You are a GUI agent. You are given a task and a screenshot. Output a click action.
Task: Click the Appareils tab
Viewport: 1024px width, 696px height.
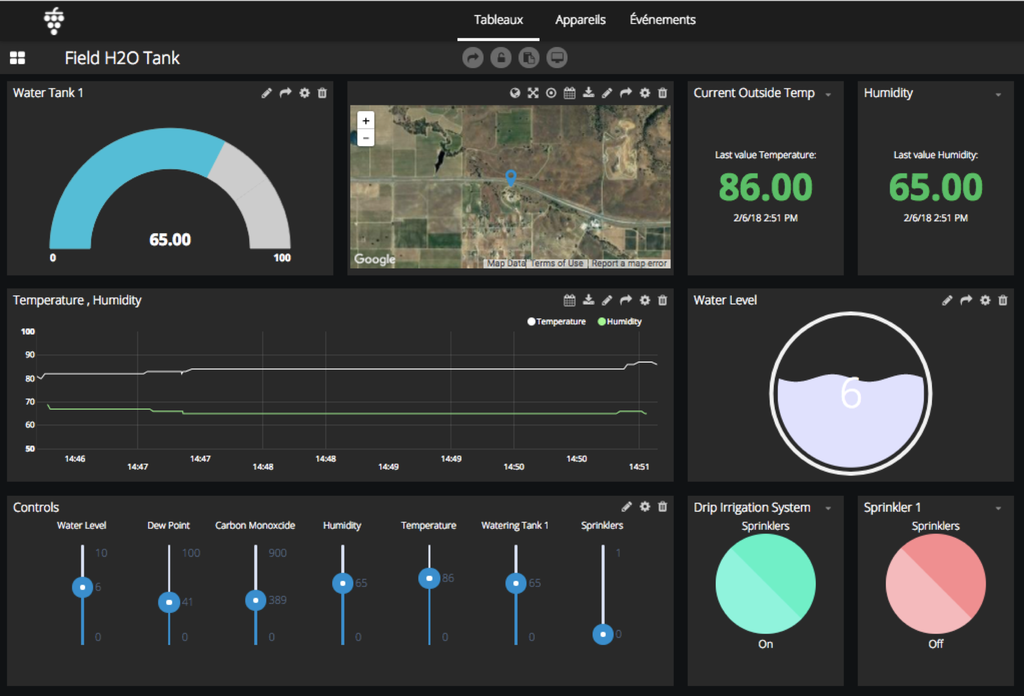click(580, 20)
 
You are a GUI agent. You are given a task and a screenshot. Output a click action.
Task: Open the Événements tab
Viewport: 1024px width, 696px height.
click(662, 20)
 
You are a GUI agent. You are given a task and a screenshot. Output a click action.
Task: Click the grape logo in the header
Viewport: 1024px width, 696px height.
click(54, 21)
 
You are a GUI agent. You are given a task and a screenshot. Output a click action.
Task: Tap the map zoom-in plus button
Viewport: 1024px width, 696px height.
click(366, 121)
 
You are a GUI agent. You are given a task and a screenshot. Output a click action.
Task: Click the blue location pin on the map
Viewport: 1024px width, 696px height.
click(511, 177)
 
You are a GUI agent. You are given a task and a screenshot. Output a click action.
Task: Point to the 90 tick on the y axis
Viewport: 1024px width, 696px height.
click(30, 355)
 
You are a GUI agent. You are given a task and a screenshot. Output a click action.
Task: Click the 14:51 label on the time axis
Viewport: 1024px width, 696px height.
click(639, 467)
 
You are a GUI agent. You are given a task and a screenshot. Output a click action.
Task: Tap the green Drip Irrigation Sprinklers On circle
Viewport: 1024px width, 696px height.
click(765, 584)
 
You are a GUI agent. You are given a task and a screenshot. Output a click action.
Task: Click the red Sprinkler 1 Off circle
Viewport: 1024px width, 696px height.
click(936, 584)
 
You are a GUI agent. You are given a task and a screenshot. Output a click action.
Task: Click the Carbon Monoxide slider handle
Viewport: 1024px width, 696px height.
click(256, 600)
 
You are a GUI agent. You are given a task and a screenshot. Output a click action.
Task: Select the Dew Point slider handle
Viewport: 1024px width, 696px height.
click(169, 602)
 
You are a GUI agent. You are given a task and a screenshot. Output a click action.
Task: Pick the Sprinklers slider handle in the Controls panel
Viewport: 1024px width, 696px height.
click(603, 634)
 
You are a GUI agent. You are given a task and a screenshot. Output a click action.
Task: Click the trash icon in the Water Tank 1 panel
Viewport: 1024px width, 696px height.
click(322, 93)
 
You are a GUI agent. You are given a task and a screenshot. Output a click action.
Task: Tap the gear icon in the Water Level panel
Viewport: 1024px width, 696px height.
click(985, 300)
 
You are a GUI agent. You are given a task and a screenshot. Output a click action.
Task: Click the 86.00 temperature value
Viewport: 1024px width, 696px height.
click(765, 187)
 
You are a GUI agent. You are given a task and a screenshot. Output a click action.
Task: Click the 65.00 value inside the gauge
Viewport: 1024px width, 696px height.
click(170, 240)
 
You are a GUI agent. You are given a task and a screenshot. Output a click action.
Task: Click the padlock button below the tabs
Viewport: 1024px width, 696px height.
click(501, 58)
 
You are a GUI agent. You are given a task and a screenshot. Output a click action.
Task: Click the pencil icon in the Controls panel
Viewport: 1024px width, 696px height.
click(626, 507)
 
